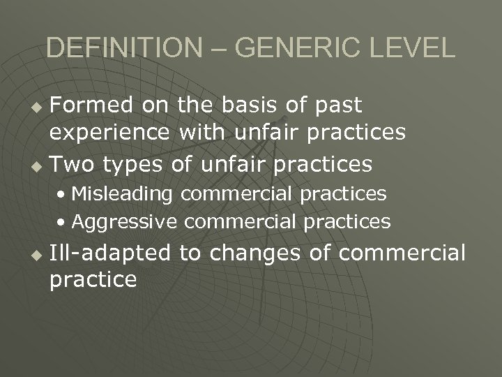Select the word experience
click(x=110, y=133)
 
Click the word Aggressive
click(x=123, y=222)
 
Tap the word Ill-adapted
click(x=110, y=253)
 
